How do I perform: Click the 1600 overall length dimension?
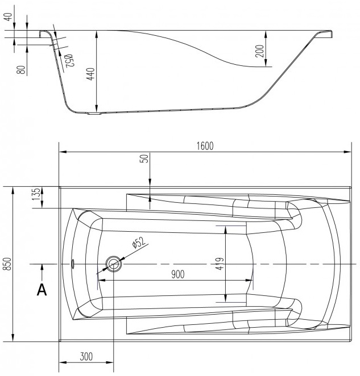(x=205, y=146)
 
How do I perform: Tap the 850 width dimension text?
(x=8, y=264)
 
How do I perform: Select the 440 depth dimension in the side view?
(x=91, y=74)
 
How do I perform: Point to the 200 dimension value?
(x=259, y=51)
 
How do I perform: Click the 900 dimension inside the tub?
(x=178, y=274)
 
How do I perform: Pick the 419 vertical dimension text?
(x=220, y=264)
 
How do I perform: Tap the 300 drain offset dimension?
(x=86, y=357)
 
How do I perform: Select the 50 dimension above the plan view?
(x=144, y=158)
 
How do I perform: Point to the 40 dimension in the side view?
(x=9, y=17)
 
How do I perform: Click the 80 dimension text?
(x=22, y=70)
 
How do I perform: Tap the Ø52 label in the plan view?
(x=139, y=243)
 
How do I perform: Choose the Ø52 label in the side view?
(x=69, y=60)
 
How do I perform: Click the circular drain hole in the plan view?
(x=114, y=264)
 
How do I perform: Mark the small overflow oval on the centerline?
(x=72, y=264)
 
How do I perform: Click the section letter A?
(x=42, y=290)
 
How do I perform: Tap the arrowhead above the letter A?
(x=42, y=267)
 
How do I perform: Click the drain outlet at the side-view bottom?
(x=94, y=114)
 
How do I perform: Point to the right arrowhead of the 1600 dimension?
(x=347, y=152)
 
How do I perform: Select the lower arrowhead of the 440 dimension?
(x=97, y=108)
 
